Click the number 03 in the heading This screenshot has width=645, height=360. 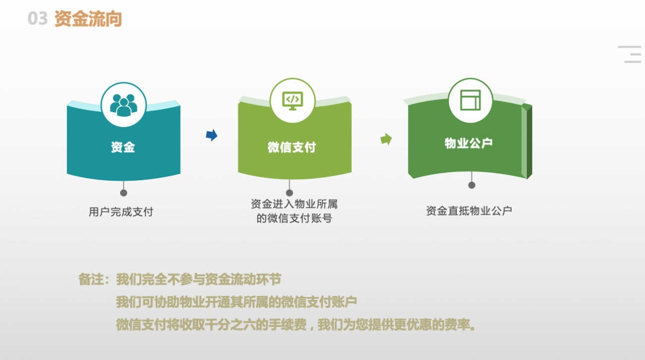(x=37, y=18)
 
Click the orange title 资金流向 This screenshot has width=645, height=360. (x=88, y=19)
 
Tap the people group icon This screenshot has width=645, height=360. (x=124, y=105)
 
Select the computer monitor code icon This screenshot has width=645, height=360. (x=293, y=101)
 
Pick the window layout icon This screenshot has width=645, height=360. (x=470, y=100)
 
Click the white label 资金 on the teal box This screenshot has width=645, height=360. (x=123, y=147)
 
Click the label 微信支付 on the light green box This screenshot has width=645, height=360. (x=292, y=147)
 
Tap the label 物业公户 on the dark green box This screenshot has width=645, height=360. (x=468, y=143)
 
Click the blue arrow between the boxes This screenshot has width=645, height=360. (x=212, y=135)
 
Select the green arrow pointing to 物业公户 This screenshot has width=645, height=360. (x=386, y=139)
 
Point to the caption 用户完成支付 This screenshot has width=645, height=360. (x=121, y=212)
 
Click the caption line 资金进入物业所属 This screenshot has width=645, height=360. (x=294, y=204)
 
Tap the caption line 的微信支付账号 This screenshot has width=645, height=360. (x=294, y=218)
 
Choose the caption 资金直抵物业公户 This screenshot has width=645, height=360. (x=469, y=211)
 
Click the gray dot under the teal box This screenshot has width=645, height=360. (x=124, y=193)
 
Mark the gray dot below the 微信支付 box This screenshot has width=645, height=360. (x=289, y=193)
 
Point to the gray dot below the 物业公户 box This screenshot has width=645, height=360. (x=472, y=185)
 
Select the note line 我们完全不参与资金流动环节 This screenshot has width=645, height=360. (x=198, y=279)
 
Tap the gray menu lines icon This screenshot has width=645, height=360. (x=630, y=54)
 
